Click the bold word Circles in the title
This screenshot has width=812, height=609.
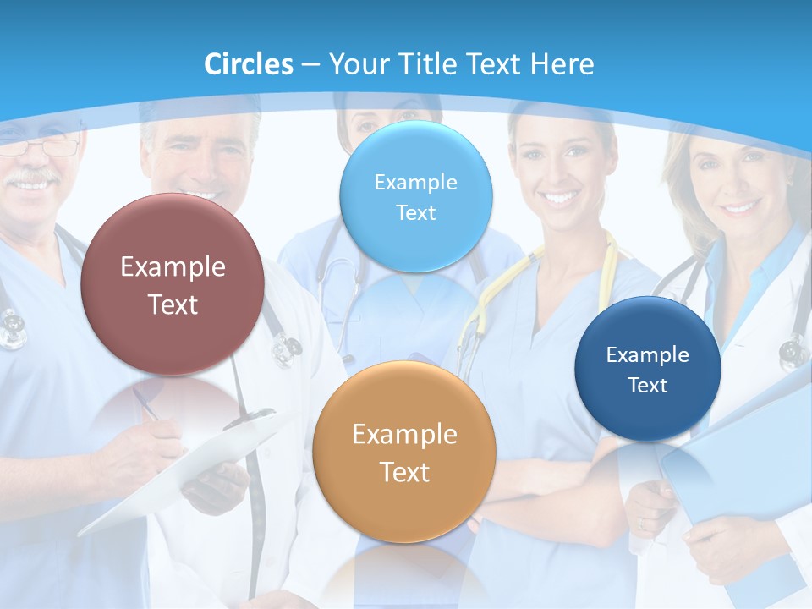(x=248, y=63)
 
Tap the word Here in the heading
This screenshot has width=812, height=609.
(x=562, y=63)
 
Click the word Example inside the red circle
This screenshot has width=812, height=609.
(x=173, y=266)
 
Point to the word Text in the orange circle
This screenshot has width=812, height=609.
(x=403, y=472)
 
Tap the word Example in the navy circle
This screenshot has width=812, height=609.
(x=647, y=354)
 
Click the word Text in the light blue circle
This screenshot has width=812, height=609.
(x=415, y=212)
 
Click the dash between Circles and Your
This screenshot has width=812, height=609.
(x=310, y=64)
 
